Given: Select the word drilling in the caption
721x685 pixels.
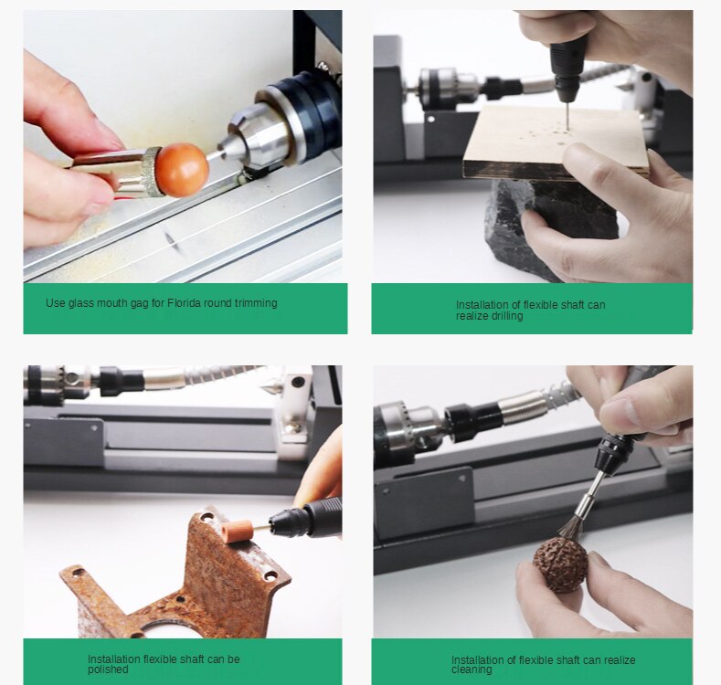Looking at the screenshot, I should coord(503,316).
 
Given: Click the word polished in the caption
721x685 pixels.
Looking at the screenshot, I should coord(108,669).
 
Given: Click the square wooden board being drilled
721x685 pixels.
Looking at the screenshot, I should coord(548,142).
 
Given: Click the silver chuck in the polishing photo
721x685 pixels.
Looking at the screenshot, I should coord(59,382).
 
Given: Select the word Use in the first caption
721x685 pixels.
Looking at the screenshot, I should coord(55,303).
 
